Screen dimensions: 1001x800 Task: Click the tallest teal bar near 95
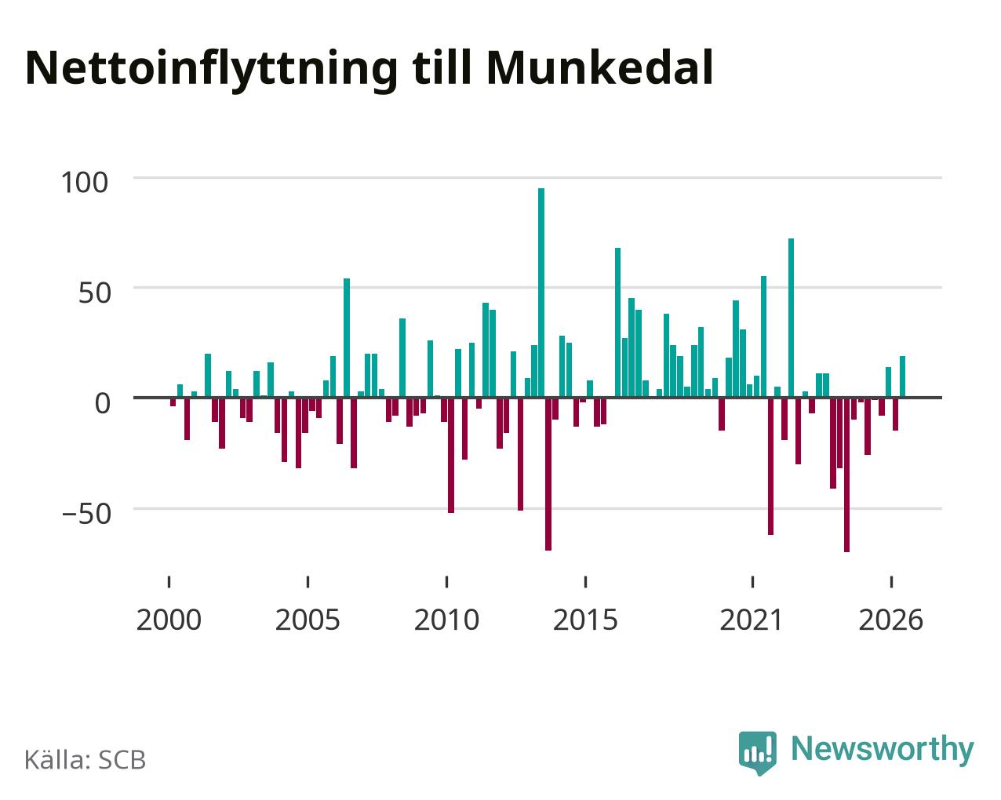tap(541, 293)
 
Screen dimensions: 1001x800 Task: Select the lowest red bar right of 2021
tap(846, 475)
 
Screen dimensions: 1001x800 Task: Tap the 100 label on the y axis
tap(84, 182)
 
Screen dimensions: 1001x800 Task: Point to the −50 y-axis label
tap(86, 514)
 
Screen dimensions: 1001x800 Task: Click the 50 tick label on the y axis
tap(95, 293)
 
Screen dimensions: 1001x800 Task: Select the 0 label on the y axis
tap(103, 403)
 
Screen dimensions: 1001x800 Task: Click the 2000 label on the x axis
tap(169, 620)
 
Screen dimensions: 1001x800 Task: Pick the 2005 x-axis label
tap(308, 620)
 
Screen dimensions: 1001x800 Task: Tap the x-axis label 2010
tap(446, 620)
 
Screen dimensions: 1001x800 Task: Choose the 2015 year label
tap(585, 620)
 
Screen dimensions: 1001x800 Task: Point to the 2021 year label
tap(752, 620)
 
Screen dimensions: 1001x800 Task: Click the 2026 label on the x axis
tap(890, 620)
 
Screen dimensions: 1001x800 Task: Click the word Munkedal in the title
tap(599, 68)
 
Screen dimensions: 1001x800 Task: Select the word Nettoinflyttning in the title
tap(211, 71)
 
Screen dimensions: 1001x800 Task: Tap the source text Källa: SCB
tap(86, 759)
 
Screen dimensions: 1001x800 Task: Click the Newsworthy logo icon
tap(758, 752)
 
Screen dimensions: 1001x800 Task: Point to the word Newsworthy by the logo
tap(883, 749)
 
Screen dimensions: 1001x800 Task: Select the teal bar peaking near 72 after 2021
tap(792, 318)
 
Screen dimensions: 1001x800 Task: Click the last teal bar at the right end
tap(902, 376)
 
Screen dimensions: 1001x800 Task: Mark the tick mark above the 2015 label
tap(585, 582)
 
